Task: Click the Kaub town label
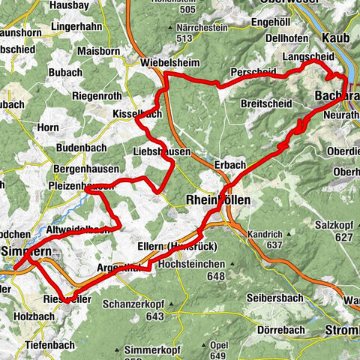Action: pos(336,37)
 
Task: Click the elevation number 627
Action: pos(344,238)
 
